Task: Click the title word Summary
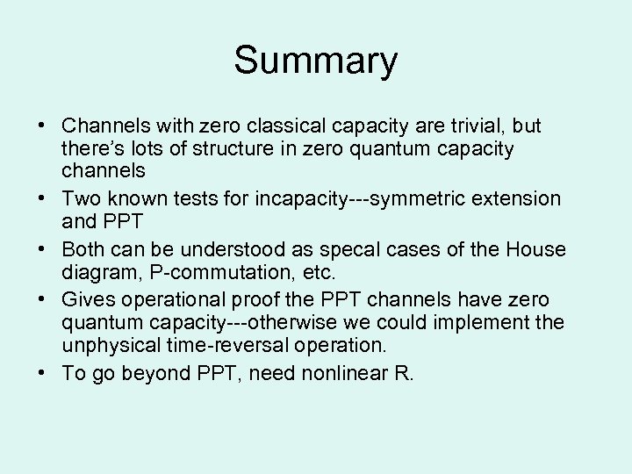[x=315, y=61]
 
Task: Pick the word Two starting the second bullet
[x=80, y=198]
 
